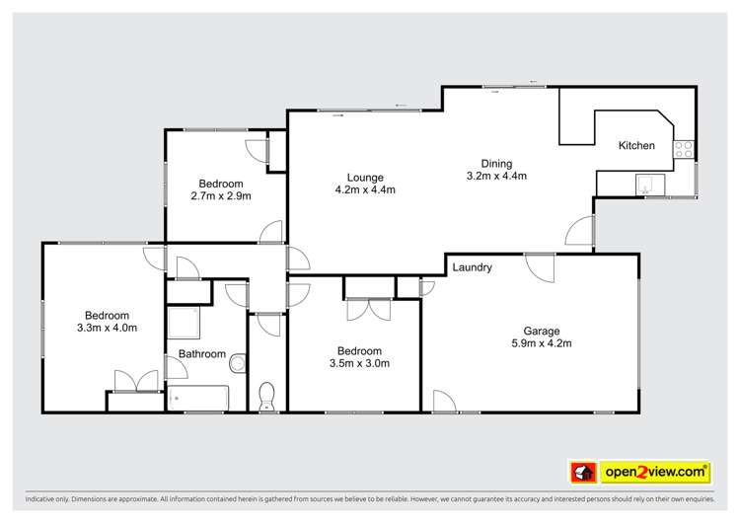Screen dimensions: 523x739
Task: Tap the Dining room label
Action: (496, 164)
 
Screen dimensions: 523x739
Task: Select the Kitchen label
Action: (636, 146)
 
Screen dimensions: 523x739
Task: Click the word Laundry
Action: (473, 267)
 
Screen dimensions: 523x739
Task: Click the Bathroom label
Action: (201, 354)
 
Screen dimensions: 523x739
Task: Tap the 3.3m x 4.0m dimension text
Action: (107, 328)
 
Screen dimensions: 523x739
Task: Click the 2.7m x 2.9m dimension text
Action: (221, 195)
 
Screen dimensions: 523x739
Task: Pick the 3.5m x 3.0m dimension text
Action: (359, 363)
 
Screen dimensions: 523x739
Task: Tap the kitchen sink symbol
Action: (649, 183)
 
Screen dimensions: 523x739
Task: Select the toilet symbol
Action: (265, 398)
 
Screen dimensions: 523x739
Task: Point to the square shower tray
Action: (184, 323)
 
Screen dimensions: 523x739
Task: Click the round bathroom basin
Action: (236, 365)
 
